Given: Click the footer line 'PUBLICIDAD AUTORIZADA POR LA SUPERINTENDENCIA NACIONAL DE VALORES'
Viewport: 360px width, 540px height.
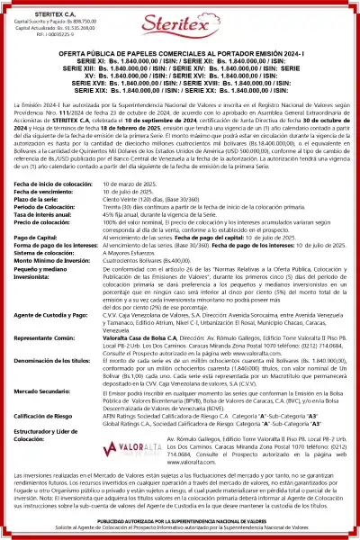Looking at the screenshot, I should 180,521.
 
